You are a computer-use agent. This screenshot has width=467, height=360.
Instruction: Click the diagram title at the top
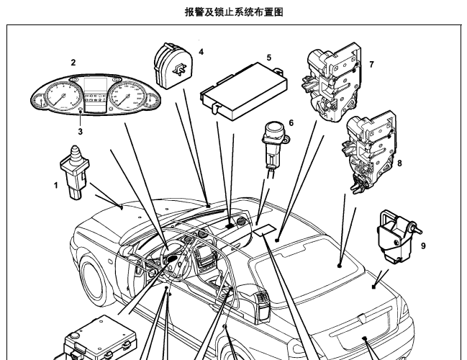234,12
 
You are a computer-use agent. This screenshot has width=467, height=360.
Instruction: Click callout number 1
56,186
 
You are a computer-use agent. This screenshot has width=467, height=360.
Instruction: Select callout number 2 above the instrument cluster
73,63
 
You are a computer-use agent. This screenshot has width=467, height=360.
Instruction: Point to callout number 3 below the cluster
81,132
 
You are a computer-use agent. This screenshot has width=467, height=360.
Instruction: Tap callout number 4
201,52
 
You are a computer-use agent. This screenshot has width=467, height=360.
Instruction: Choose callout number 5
268,57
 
